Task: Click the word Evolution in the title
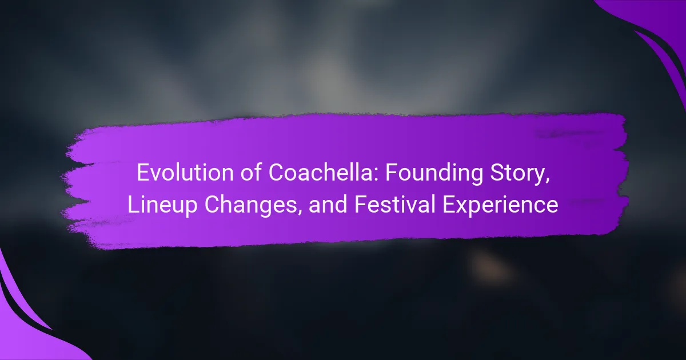[x=186, y=173]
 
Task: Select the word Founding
[x=434, y=174]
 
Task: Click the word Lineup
[x=162, y=206]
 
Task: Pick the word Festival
[x=395, y=204]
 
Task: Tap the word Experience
[x=500, y=206]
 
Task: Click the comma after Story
[x=547, y=181]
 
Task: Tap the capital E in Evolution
[x=143, y=173]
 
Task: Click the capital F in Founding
[x=391, y=173]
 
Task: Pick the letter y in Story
[x=538, y=178]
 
